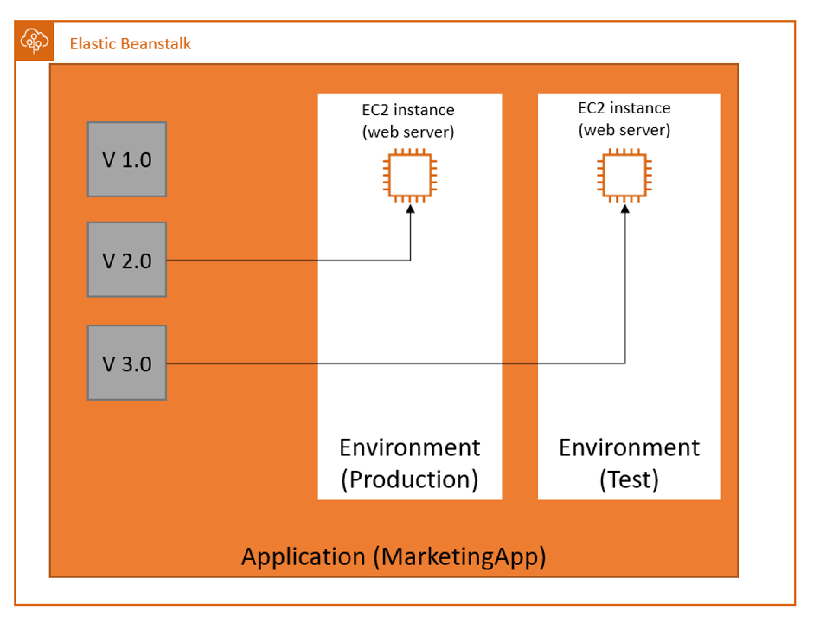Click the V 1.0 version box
(127, 159)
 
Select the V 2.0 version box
(127, 260)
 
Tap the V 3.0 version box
(127, 363)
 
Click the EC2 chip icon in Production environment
(409, 176)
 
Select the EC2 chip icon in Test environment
(624, 176)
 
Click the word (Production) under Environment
(409, 479)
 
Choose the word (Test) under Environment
(629, 479)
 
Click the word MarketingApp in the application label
(459, 556)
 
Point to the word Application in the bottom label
(303, 556)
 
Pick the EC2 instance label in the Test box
(624, 108)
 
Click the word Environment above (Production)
(409, 447)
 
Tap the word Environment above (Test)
(629, 447)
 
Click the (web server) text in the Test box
(624, 130)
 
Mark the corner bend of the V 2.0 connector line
(409, 260)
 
